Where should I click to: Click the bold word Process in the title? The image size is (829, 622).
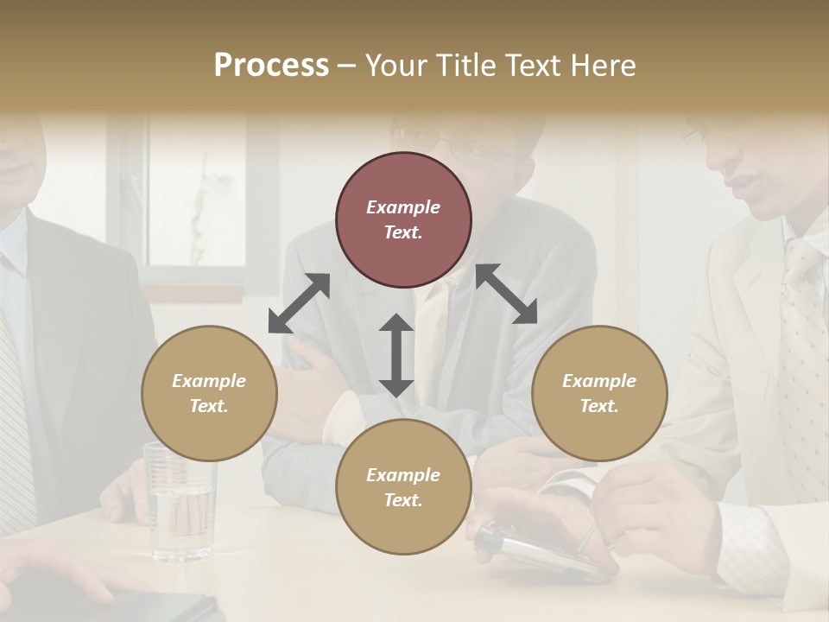[x=271, y=66]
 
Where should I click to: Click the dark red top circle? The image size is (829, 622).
[x=403, y=219]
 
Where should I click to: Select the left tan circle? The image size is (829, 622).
[x=209, y=393]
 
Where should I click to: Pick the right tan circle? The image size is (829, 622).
[x=599, y=393]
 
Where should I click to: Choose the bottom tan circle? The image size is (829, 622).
[x=403, y=487]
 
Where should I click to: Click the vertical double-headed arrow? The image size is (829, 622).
[x=396, y=355]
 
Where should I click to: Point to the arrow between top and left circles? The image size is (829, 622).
[x=299, y=303]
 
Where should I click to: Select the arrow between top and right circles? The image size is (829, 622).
[x=507, y=294]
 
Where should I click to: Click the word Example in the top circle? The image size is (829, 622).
[x=403, y=207]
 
